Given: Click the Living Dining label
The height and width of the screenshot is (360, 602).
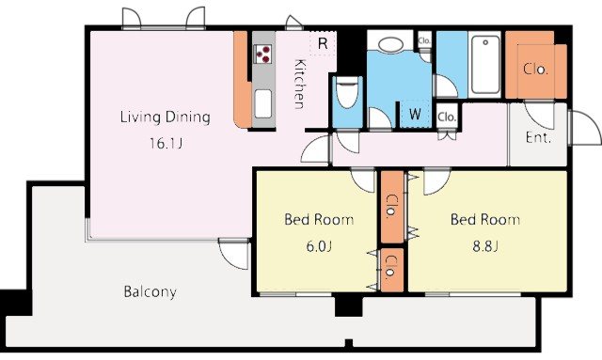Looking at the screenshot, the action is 166,117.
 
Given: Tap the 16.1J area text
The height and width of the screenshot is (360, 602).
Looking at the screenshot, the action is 166,144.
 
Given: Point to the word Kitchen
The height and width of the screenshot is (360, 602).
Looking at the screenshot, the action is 299,84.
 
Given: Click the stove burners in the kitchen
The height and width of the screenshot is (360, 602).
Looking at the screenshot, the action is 262,54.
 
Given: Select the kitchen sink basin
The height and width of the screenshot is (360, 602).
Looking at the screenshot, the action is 263,104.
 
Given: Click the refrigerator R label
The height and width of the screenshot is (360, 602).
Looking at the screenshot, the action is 323,44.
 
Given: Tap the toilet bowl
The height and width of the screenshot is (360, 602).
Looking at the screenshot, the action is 347,92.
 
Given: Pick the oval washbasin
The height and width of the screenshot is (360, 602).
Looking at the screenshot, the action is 391,44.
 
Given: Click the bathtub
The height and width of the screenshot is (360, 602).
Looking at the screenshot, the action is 485,65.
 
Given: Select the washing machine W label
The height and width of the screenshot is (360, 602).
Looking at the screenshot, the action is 415,114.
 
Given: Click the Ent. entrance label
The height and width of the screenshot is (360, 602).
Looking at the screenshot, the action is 538,137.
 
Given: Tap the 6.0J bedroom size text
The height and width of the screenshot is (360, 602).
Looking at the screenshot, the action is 319,246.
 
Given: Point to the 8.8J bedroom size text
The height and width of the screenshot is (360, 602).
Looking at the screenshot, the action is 485,246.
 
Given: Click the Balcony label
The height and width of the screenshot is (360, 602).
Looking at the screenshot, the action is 150,292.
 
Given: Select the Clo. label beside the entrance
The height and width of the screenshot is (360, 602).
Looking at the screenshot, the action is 535,69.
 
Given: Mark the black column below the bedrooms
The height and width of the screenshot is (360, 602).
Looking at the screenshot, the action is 349,305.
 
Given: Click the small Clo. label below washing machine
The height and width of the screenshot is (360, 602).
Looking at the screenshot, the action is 447,117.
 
